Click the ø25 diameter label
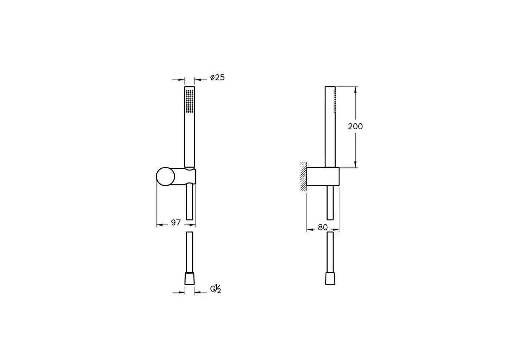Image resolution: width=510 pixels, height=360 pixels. pyautogui.click(x=217, y=78)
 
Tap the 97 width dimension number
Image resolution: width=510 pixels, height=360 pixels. pyautogui.click(x=176, y=223)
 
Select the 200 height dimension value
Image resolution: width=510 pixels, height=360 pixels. pyautogui.click(x=355, y=126)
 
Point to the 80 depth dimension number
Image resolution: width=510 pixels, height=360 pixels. pyautogui.click(x=323, y=227)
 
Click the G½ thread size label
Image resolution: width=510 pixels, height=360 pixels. pyautogui.click(x=216, y=289)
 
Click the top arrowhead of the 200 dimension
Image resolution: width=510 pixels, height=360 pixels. pyautogui.click(x=355, y=89)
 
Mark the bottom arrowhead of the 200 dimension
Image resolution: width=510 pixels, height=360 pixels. pyautogui.click(x=355, y=164)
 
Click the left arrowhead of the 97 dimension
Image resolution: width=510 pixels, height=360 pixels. pyautogui.click(x=159, y=225)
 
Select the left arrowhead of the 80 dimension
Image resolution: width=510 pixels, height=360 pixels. pyautogui.click(x=309, y=230)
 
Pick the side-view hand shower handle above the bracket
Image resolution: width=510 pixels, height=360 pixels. pyautogui.click(x=330, y=128)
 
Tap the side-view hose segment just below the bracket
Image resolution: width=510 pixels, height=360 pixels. pyautogui.click(x=330, y=202)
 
